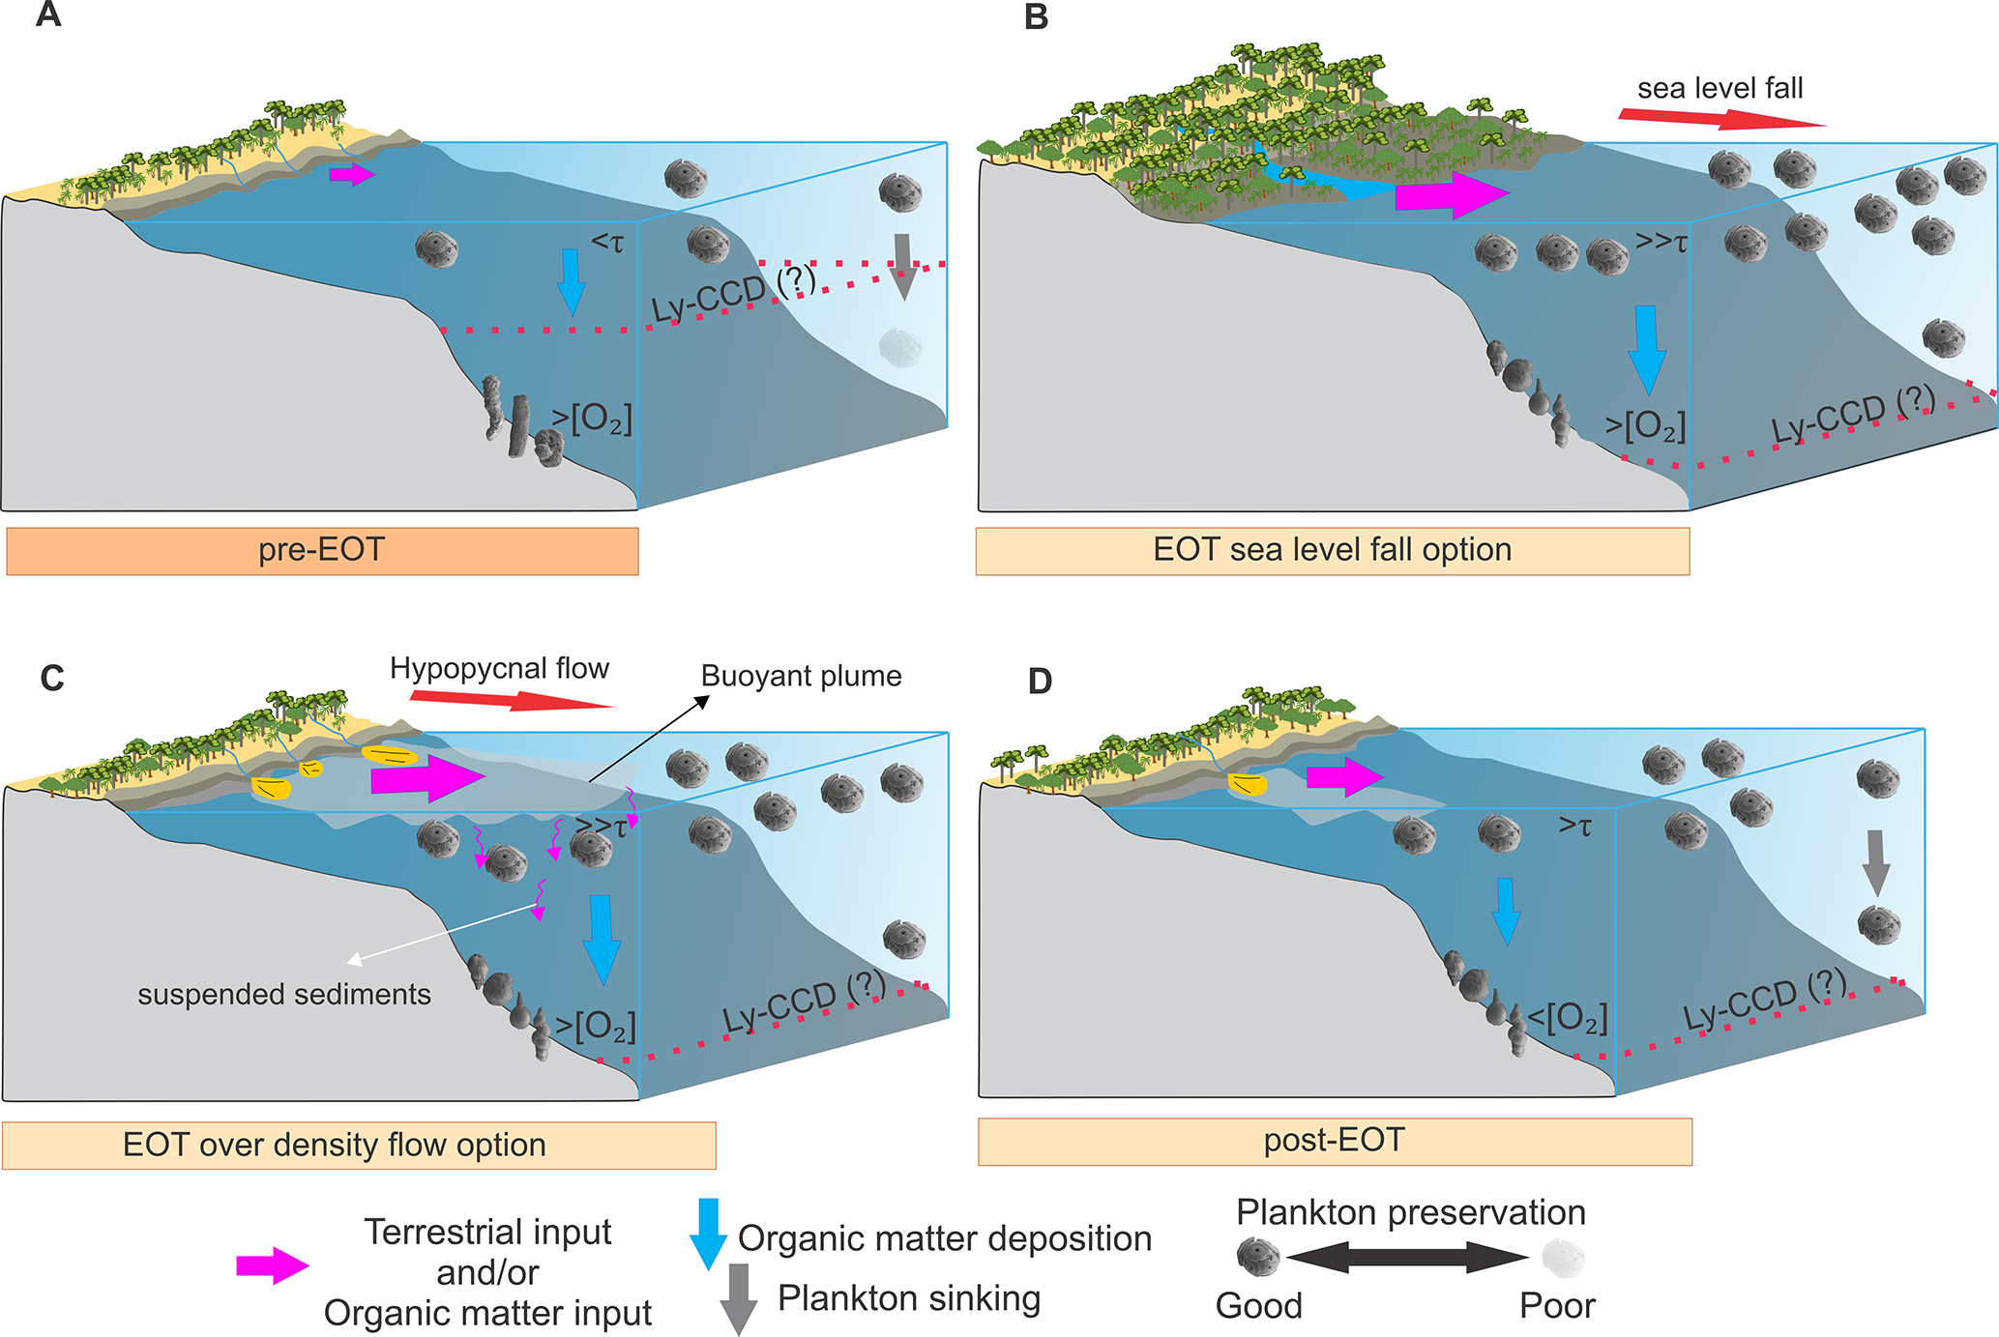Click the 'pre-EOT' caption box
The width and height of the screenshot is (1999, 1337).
point(322,550)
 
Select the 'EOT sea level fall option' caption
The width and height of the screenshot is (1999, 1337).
point(1332,550)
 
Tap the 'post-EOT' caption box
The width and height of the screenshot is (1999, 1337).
point(1334,1141)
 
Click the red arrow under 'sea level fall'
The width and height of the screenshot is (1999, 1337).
point(1721,119)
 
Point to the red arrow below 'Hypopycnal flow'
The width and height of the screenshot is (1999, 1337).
point(513,699)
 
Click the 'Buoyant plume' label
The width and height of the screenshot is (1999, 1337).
point(801,676)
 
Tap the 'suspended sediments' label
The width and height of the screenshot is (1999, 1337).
point(283,994)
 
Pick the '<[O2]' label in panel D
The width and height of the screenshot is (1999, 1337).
point(1567,1018)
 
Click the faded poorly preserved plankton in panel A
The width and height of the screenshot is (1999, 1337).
point(899,345)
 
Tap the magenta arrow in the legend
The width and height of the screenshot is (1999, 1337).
point(272,1265)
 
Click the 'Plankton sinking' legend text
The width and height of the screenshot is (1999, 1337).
point(909,1298)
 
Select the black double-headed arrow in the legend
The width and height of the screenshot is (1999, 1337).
point(1407,1257)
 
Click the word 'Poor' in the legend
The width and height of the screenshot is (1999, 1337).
point(1556,1306)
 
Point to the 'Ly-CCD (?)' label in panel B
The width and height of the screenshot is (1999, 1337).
point(1852,414)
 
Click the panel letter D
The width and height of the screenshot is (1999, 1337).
point(1040,681)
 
